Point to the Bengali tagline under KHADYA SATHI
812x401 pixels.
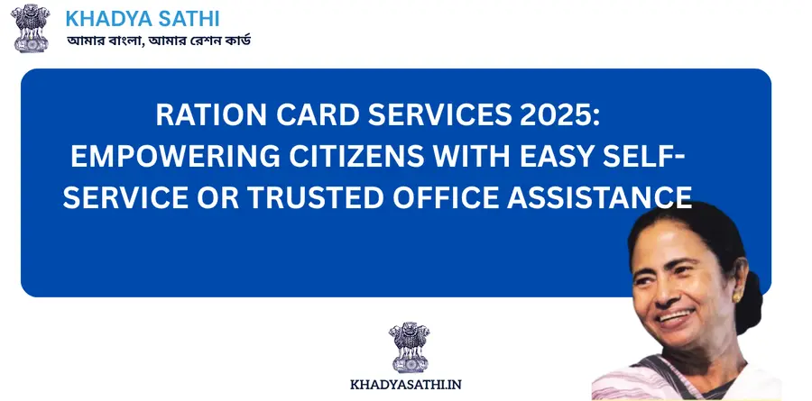click(x=159, y=42)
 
